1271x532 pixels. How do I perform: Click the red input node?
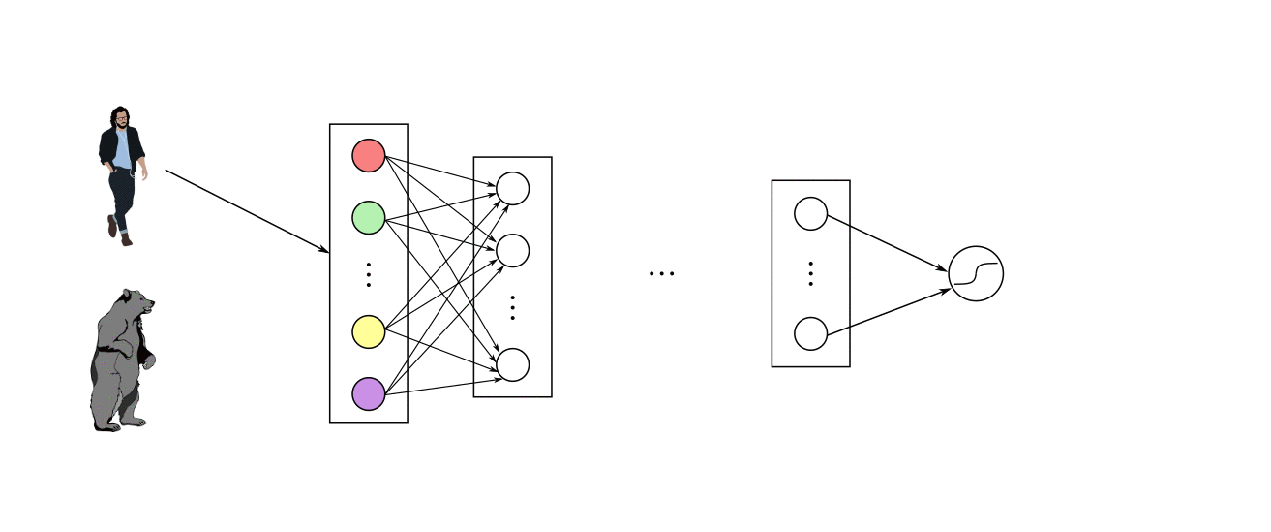(368, 155)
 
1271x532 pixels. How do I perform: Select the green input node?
(368, 216)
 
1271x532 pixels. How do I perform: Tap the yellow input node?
(368, 331)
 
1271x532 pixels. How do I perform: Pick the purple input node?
(368, 393)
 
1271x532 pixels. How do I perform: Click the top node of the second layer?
(512, 189)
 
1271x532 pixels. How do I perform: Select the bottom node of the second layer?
(512, 364)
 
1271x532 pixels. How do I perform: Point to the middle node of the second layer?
(512, 250)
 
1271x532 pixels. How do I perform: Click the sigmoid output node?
(976, 273)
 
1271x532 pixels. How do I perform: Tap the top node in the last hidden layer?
(810, 214)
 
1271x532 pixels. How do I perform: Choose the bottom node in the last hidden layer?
(810, 333)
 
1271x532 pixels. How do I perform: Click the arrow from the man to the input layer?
(247, 211)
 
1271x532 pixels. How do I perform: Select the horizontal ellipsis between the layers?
(661, 274)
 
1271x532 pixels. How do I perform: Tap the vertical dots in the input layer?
(368, 274)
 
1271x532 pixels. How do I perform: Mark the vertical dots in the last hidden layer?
(810, 274)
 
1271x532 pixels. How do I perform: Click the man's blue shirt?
(122, 150)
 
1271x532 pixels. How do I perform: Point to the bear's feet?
(121, 423)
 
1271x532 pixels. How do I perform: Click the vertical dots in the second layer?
(512, 307)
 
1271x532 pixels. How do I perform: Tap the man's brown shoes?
(119, 233)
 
